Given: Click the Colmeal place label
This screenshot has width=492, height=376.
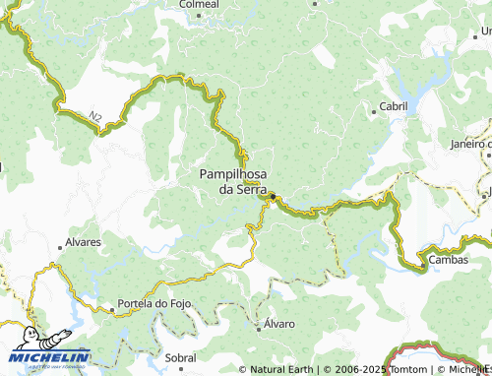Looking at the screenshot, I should [x=198, y=5].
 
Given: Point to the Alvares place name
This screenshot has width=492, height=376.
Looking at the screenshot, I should [x=83, y=241].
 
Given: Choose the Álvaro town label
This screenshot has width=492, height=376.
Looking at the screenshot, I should [x=279, y=323].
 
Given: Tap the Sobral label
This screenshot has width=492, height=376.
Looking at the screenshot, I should [x=180, y=358].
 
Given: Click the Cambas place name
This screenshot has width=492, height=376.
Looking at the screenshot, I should [x=448, y=261].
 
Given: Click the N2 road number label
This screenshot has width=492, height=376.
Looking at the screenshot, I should [x=95, y=117].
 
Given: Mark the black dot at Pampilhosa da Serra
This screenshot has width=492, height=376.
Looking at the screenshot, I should [x=273, y=196].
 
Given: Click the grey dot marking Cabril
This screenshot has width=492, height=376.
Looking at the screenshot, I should [x=373, y=111].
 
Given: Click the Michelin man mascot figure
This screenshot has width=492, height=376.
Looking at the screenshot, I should [x=29, y=338].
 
